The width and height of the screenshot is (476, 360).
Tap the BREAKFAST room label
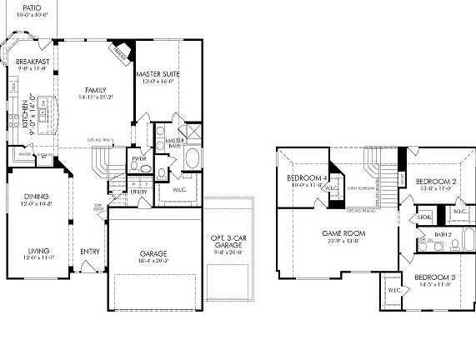pos(31,62)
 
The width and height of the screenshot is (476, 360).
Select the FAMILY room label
pos(97,89)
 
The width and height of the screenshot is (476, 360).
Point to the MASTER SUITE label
pos(158,74)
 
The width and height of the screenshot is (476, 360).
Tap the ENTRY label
pos(89,251)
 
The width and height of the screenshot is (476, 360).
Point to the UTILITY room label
pos(138,192)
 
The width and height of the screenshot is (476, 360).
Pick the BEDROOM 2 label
pos(434,181)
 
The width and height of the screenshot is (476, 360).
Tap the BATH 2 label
pos(442,234)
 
